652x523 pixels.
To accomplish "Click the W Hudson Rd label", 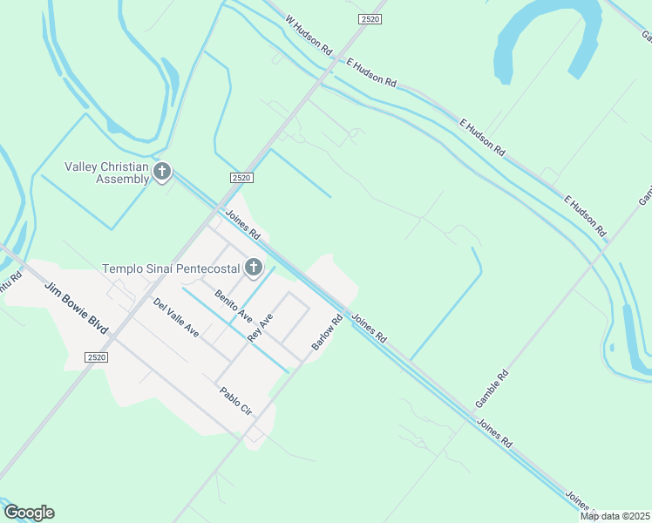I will click(309, 35).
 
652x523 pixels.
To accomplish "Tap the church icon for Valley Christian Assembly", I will click(162, 172).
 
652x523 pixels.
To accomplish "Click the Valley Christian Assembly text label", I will click(107, 173).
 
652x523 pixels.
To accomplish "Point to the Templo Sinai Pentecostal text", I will click(172, 268).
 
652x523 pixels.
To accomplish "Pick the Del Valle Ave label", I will click(176, 318).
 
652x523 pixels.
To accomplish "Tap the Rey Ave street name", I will click(261, 328).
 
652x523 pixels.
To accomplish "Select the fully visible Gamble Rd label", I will click(492, 390).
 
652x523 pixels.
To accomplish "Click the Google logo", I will click(29, 513).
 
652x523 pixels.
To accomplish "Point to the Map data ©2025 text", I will click(614, 516).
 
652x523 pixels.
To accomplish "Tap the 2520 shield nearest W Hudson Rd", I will click(370, 18).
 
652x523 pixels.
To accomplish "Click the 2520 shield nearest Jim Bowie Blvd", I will click(97, 357).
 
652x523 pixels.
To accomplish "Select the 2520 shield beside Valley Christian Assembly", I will click(241, 178).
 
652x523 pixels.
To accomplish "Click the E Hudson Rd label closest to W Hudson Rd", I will click(371, 73).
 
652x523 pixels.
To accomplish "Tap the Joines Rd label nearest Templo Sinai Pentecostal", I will click(242, 224).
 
